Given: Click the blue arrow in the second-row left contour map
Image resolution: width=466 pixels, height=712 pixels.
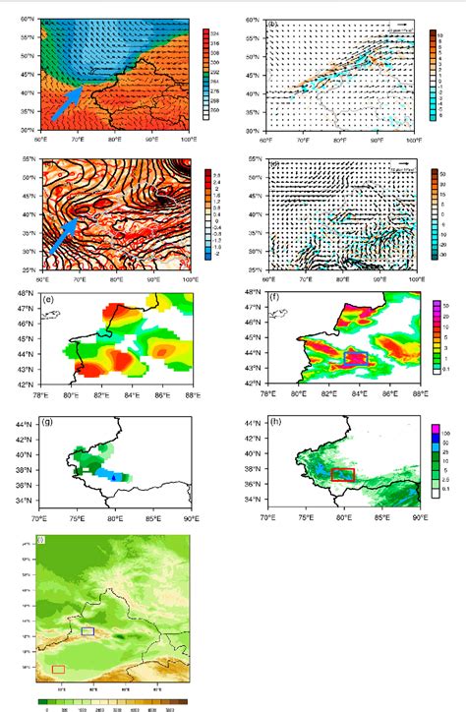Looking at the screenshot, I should click(63, 235).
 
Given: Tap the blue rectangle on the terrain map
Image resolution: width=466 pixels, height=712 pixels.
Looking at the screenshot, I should click(87, 630).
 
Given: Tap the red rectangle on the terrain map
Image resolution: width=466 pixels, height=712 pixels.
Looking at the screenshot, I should click(58, 669).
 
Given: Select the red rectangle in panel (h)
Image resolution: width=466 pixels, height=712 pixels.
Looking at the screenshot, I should click(343, 475).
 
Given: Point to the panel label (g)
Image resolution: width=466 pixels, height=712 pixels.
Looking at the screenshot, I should click(46, 421).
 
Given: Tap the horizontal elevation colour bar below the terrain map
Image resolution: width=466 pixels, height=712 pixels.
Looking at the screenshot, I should click(108, 700).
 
